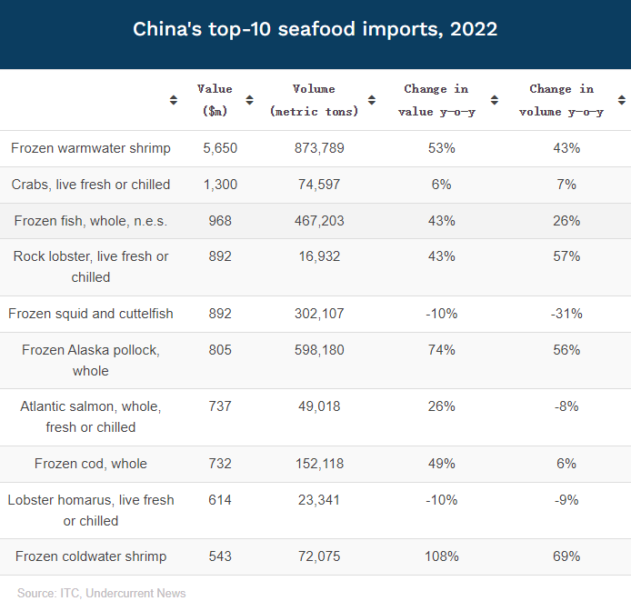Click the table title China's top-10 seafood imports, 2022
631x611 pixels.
pyautogui.click(x=315, y=29)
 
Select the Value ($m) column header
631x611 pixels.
pyautogui.click(x=215, y=100)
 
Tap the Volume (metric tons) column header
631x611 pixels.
pyautogui.click(x=315, y=100)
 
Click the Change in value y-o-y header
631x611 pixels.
pyautogui.click(x=436, y=100)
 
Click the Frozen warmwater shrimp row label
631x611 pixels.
pyautogui.click(x=91, y=148)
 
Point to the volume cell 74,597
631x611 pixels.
pyautogui.click(x=317, y=185)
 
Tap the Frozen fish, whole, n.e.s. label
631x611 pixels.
pyautogui.click(x=91, y=221)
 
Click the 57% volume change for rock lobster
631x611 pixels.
pyautogui.click(x=566, y=256)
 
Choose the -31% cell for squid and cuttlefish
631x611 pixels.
pyautogui.click(x=566, y=314)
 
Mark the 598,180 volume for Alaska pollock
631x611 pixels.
pyautogui.click(x=317, y=350)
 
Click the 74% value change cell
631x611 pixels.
pyautogui.click(x=442, y=350)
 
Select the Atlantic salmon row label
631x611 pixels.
pyautogui.click(x=91, y=416)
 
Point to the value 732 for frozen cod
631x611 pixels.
pyautogui.click(x=220, y=464)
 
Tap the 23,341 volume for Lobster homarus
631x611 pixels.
pyautogui.click(x=317, y=500)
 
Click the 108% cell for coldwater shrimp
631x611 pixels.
pyautogui.click(x=442, y=556)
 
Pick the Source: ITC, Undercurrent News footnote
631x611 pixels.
pyautogui.click(x=102, y=594)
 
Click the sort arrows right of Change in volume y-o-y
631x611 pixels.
pyautogui.click(x=622, y=100)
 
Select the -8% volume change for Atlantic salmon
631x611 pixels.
pyautogui.click(x=566, y=406)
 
